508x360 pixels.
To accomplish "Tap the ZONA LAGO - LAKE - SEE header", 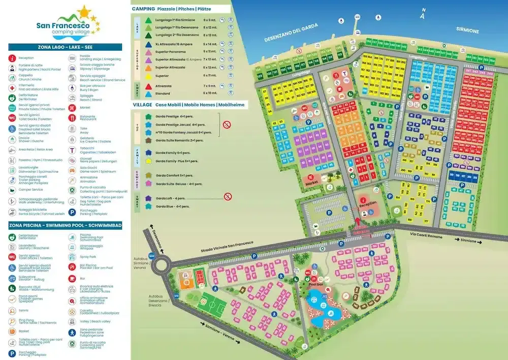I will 65,47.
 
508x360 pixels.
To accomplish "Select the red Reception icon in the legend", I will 12,58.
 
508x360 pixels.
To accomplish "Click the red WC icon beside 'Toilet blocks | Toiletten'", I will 12,118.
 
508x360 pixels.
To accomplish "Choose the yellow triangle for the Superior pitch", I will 148,75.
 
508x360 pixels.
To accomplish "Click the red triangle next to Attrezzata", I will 148,86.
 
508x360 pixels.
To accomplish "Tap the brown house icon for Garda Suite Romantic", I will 148,140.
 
